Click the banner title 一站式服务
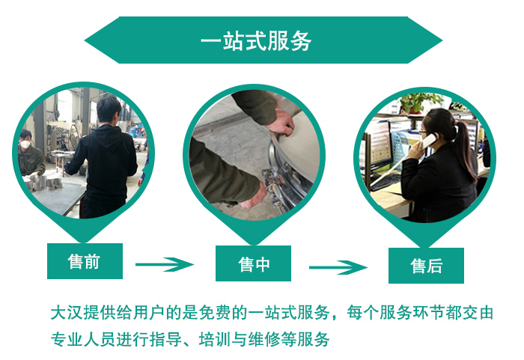(256, 41)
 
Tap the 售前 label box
(85, 261)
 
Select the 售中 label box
(253, 263)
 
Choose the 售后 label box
(426, 266)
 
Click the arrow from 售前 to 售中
(165, 264)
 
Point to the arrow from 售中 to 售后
(338, 267)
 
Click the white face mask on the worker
(25, 144)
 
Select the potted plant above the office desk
(418, 103)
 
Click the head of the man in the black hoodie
(109, 110)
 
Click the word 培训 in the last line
(215, 340)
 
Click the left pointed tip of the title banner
(85, 40)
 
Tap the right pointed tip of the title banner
(442, 40)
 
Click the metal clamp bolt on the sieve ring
(271, 183)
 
